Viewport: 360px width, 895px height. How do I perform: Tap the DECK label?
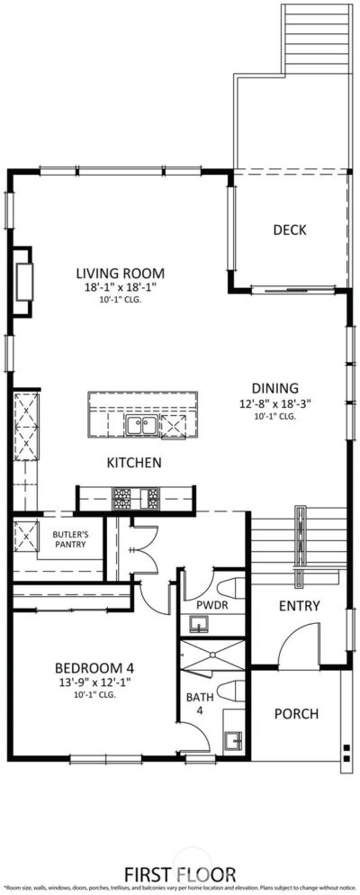[x=289, y=231]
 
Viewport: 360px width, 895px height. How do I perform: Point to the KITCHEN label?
[x=134, y=463]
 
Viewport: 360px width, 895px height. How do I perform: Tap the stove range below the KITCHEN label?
[x=135, y=496]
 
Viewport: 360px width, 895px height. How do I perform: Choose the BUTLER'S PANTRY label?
[x=68, y=538]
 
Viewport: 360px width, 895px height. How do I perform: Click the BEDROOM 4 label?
[x=94, y=668]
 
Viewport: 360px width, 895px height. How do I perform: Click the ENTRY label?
[x=299, y=606]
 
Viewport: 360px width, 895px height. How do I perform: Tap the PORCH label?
[x=296, y=714]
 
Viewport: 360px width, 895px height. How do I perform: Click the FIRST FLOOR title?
[x=180, y=873]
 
